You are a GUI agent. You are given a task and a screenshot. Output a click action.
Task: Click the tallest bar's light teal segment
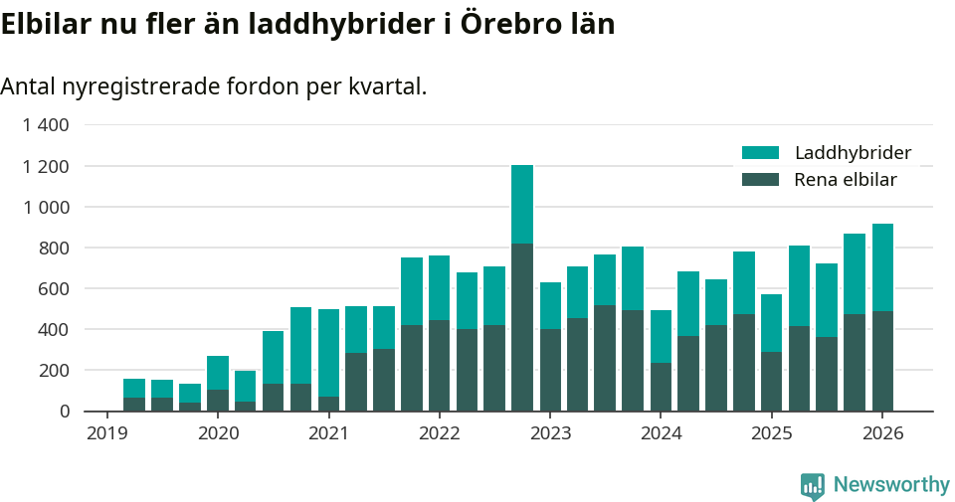coord(522,204)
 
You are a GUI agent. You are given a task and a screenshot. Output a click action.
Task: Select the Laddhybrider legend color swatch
coord(760,153)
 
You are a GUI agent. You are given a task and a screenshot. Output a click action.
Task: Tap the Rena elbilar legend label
coord(846,180)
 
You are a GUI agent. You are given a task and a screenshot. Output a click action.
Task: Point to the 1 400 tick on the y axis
coord(46,125)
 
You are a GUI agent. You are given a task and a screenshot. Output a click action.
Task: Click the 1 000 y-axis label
coord(46,207)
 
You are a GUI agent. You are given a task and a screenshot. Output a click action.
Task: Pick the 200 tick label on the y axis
coord(55,370)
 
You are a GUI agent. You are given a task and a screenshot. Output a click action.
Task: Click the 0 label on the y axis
coord(65,411)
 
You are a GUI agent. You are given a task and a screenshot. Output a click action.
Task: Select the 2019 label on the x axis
coord(107,433)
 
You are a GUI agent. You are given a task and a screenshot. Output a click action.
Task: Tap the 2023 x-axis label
coord(550,433)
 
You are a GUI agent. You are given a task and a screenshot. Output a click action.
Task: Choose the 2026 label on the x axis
coord(881,433)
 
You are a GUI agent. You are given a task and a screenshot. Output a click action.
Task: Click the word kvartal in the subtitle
coord(386,86)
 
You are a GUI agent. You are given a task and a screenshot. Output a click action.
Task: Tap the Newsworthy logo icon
coord(813,486)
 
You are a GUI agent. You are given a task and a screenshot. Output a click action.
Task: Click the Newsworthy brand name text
coord(891,485)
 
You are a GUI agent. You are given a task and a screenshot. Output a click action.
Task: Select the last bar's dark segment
coord(882,360)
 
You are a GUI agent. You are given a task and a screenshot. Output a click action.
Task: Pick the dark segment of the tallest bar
coord(522,326)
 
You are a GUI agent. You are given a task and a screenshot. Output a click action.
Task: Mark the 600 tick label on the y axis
coord(55,288)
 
